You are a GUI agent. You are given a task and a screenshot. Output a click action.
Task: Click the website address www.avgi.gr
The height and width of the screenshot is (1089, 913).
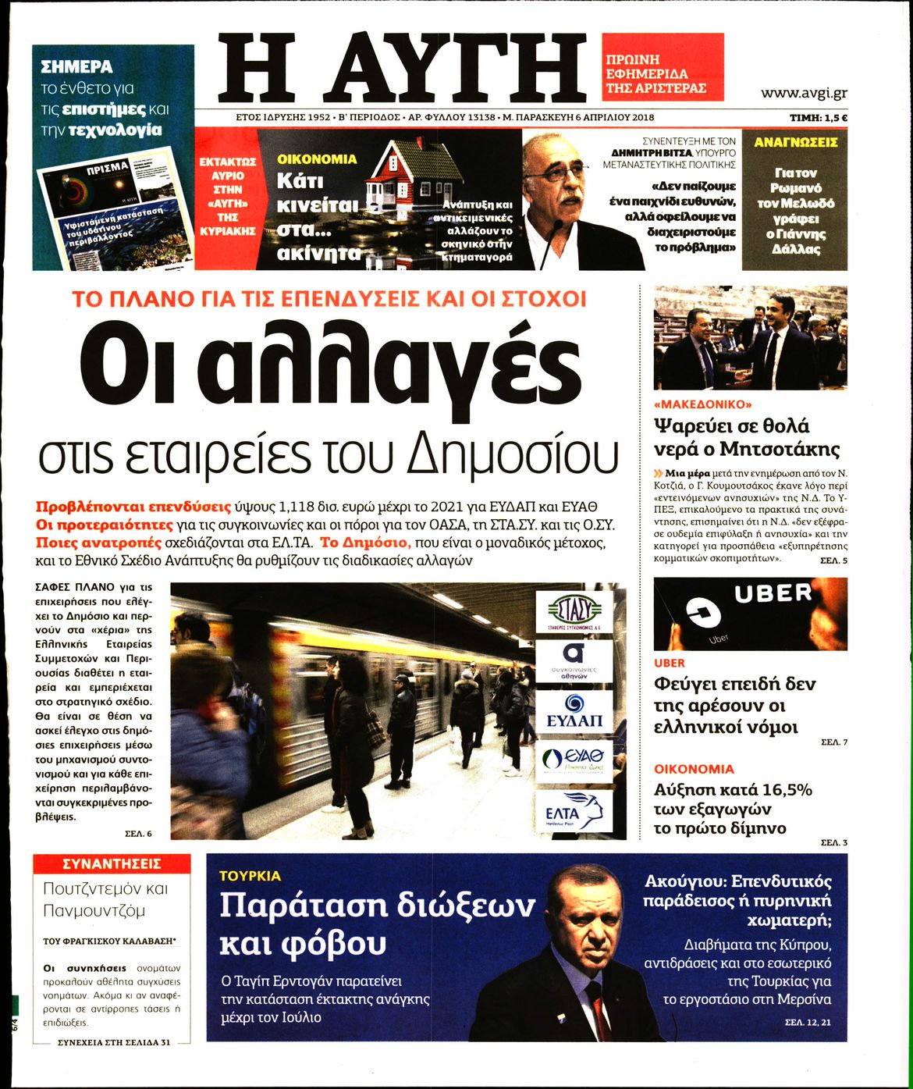(x=804, y=94)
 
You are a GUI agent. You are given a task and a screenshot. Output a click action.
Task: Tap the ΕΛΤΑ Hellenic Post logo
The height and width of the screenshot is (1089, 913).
(x=574, y=811)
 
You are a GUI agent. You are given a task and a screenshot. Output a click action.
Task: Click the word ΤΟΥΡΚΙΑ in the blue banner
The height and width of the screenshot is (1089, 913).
(x=250, y=876)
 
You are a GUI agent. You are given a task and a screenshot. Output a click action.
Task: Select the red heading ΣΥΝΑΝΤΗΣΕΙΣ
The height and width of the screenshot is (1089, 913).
(x=112, y=863)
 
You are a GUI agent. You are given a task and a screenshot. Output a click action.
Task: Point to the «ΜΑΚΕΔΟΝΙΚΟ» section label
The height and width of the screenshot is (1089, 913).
(x=702, y=404)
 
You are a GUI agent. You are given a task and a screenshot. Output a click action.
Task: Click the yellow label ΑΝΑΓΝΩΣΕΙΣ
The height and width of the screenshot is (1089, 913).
(x=795, y=143)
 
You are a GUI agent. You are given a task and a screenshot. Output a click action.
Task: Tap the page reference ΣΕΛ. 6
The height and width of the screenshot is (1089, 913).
(x=138, y=834)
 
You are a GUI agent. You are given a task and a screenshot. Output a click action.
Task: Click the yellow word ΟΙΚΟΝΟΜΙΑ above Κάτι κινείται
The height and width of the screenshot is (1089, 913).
(x=317, y=158)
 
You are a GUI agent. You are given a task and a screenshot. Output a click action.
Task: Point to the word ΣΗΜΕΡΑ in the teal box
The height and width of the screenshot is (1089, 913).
(x=76, y=67)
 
